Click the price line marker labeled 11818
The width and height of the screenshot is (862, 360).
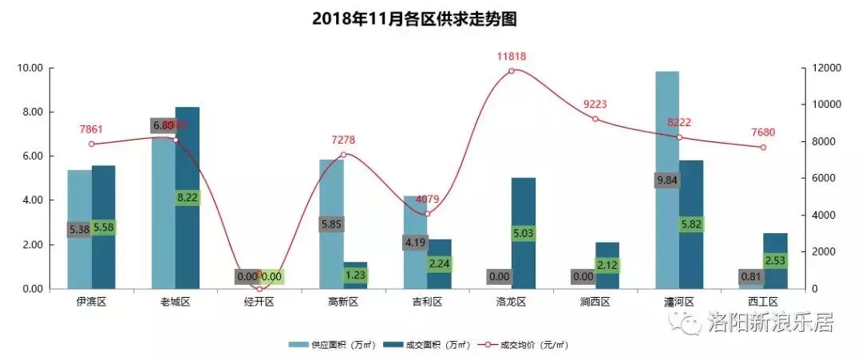click(x=512, y=71)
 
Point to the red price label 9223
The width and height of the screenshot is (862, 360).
click(x=595, y=104)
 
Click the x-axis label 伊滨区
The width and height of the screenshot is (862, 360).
click(x=92, y=302)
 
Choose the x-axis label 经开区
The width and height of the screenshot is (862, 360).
click(x=259, y=302)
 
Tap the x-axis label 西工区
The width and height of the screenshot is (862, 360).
click(x=763, y=302)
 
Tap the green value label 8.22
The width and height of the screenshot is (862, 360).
click(x=188, y=198)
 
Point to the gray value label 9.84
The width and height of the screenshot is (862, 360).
click(x=667, y=180)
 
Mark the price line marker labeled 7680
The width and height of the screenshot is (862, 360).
click(x=763, y=147)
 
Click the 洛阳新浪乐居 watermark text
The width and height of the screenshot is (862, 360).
click(x=770, y=323)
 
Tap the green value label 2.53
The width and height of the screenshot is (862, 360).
click(x=775, y=260)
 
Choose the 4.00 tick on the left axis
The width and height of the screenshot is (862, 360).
click(x=32, y=200)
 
